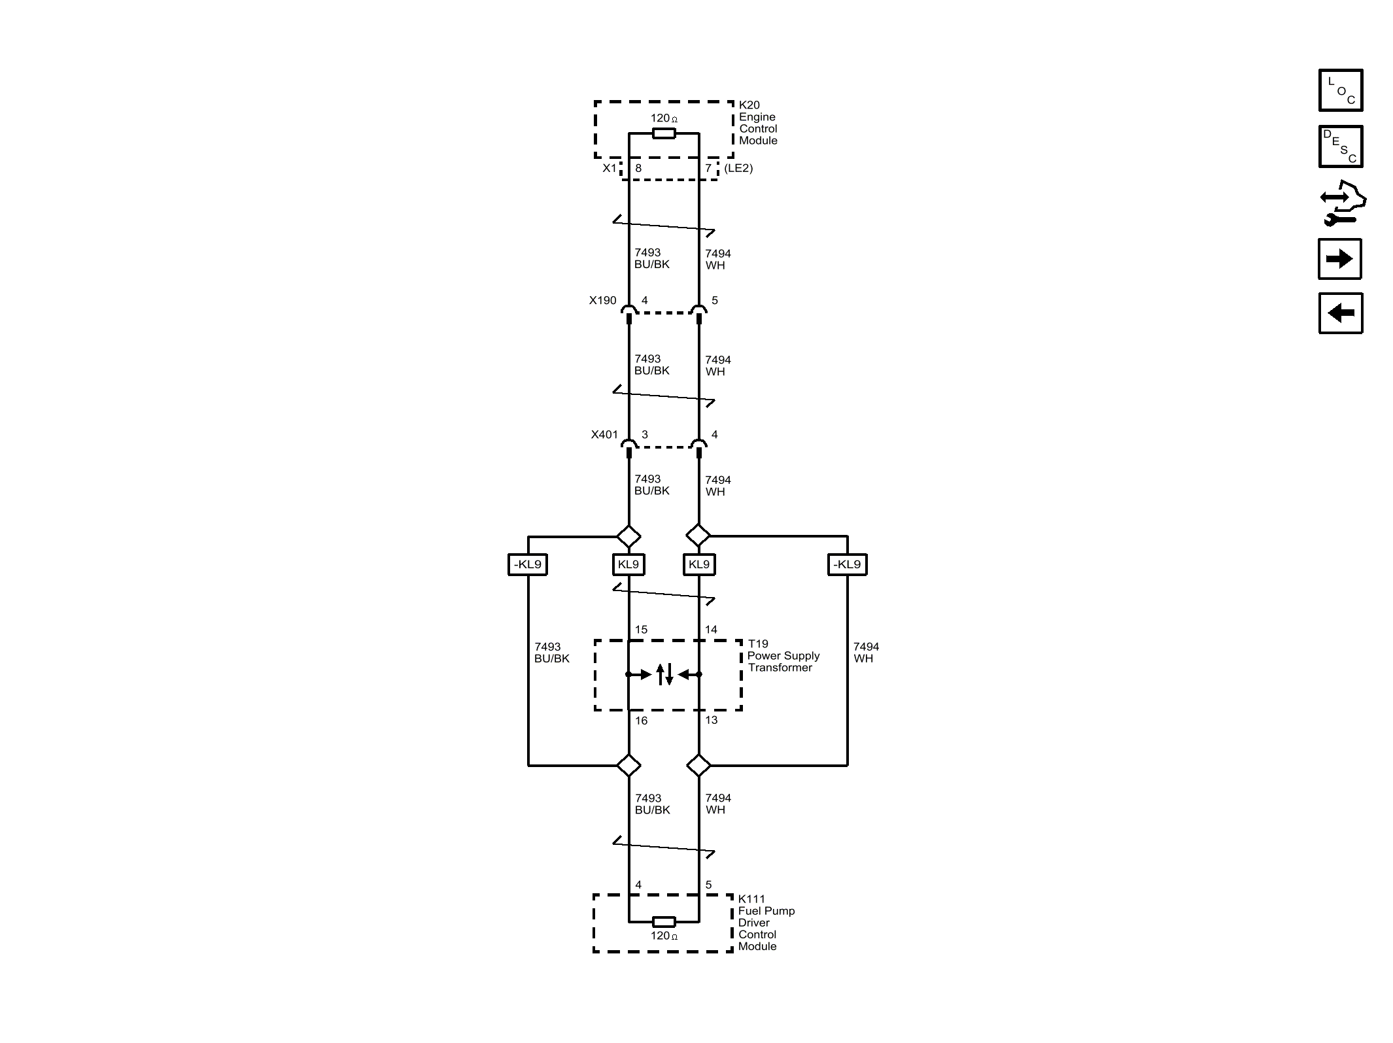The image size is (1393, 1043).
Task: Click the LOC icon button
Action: click(x=1340, y=90)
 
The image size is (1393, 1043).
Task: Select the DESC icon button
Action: click(x=1340, y=146)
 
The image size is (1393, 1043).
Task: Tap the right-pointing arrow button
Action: click(x=1340, y=259)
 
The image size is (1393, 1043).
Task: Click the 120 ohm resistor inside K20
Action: click(x=664, y=133)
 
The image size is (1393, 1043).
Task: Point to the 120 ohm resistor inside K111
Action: click(x=664, y=922)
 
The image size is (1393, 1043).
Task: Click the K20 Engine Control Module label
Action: click(x=758, y=122)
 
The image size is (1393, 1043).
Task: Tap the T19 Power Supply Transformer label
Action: click(x=783, y=656)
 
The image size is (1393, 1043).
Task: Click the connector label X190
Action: click(x=602, y=300)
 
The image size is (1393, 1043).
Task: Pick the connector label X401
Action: click(x=604, y=434)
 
